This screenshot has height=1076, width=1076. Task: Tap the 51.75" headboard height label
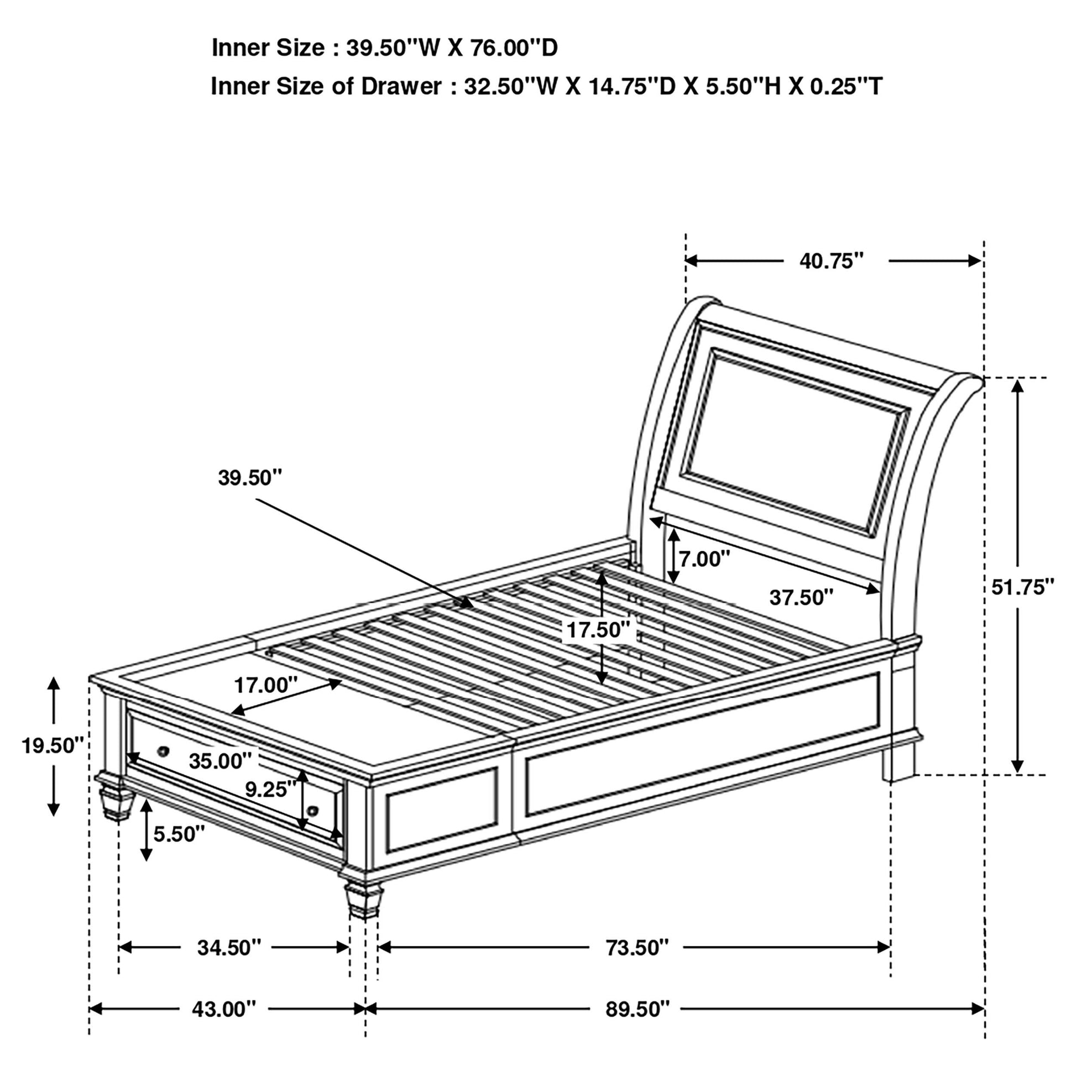point(1023,587)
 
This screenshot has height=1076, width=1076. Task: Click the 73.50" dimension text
point(637,947)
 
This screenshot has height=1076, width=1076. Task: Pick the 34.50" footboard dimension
point(229,947)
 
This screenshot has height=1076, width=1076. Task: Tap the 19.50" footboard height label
point(53,745)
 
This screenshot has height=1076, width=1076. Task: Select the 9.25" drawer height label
point(271,789)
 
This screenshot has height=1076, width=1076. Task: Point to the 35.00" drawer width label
point(220,761)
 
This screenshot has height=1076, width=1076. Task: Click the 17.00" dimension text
point(265,685)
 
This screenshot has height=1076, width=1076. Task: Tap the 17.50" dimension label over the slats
point(598,630)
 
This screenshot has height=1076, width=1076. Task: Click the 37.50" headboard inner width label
point(801,598)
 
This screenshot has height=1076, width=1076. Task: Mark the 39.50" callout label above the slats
point(250,477)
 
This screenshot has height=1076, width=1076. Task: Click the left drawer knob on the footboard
point(163,751)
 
